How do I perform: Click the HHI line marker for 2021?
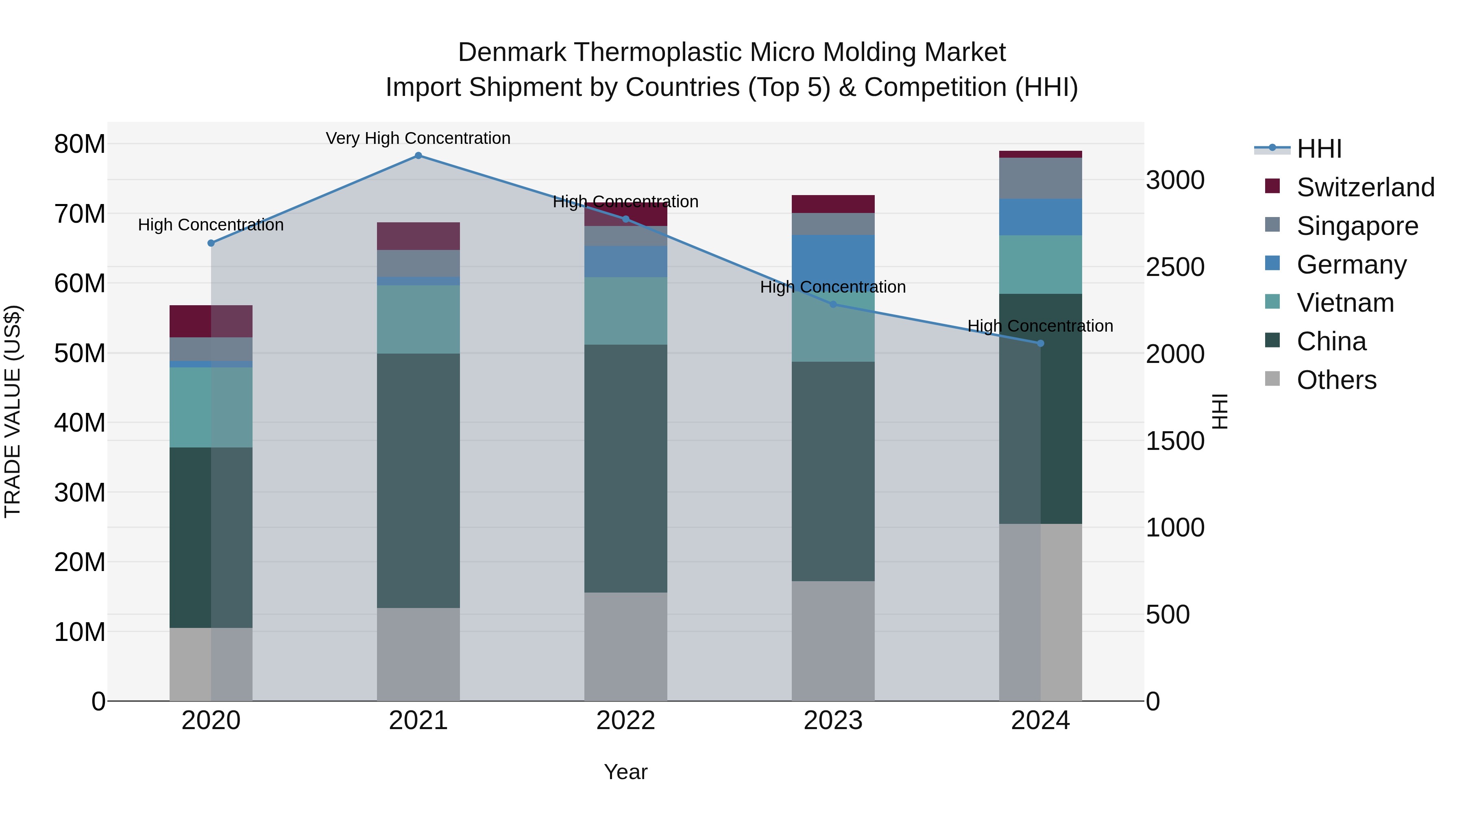click(x=418, y=156)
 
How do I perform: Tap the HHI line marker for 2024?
click(x=1041, y=343)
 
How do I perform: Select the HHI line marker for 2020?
click(x=211, y=243)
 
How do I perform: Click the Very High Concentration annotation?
click(x=418, y=139)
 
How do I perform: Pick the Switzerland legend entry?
click(x=1365, y=187)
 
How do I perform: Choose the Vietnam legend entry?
click(x=1345, y=303)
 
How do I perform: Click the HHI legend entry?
click(x=1318, y=149)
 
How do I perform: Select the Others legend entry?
click(x=1336, y=380)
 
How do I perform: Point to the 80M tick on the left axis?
click(x=80, y=144)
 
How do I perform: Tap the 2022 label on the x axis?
click(x=626, y=721)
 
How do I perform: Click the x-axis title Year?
click(x=626, y=772)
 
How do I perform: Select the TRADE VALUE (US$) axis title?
click(x=13, y=411)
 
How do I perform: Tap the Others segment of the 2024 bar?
click(x=1041, y=612)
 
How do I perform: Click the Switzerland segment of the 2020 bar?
click(x=211, y=321)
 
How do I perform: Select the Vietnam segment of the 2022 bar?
click(x=626, y=311)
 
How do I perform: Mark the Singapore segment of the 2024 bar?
click(x=1041, y=178)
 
